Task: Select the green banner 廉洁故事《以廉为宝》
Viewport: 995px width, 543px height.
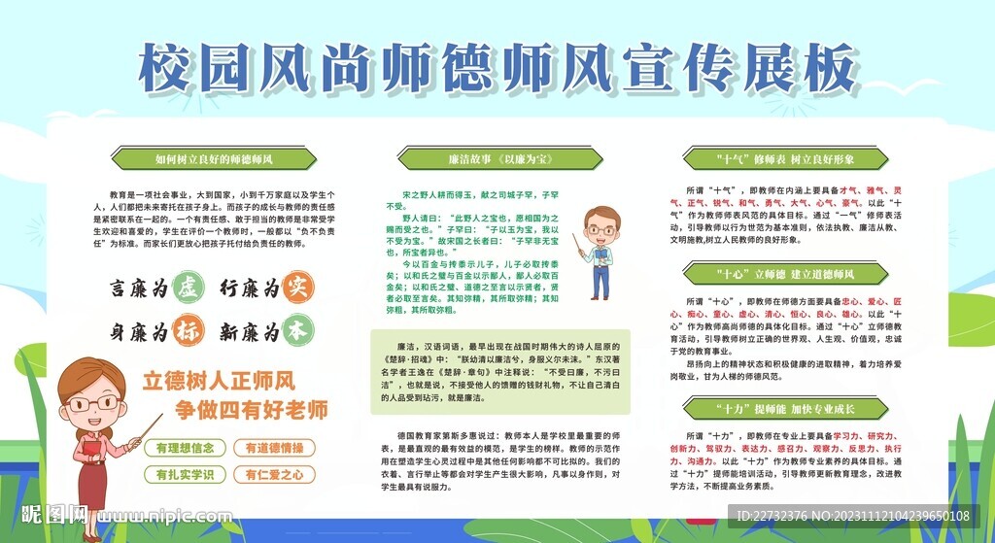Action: click(478, 157)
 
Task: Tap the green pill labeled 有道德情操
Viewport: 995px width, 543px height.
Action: click(274, 448)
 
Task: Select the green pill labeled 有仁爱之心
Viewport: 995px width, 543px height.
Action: click(274, 475)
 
